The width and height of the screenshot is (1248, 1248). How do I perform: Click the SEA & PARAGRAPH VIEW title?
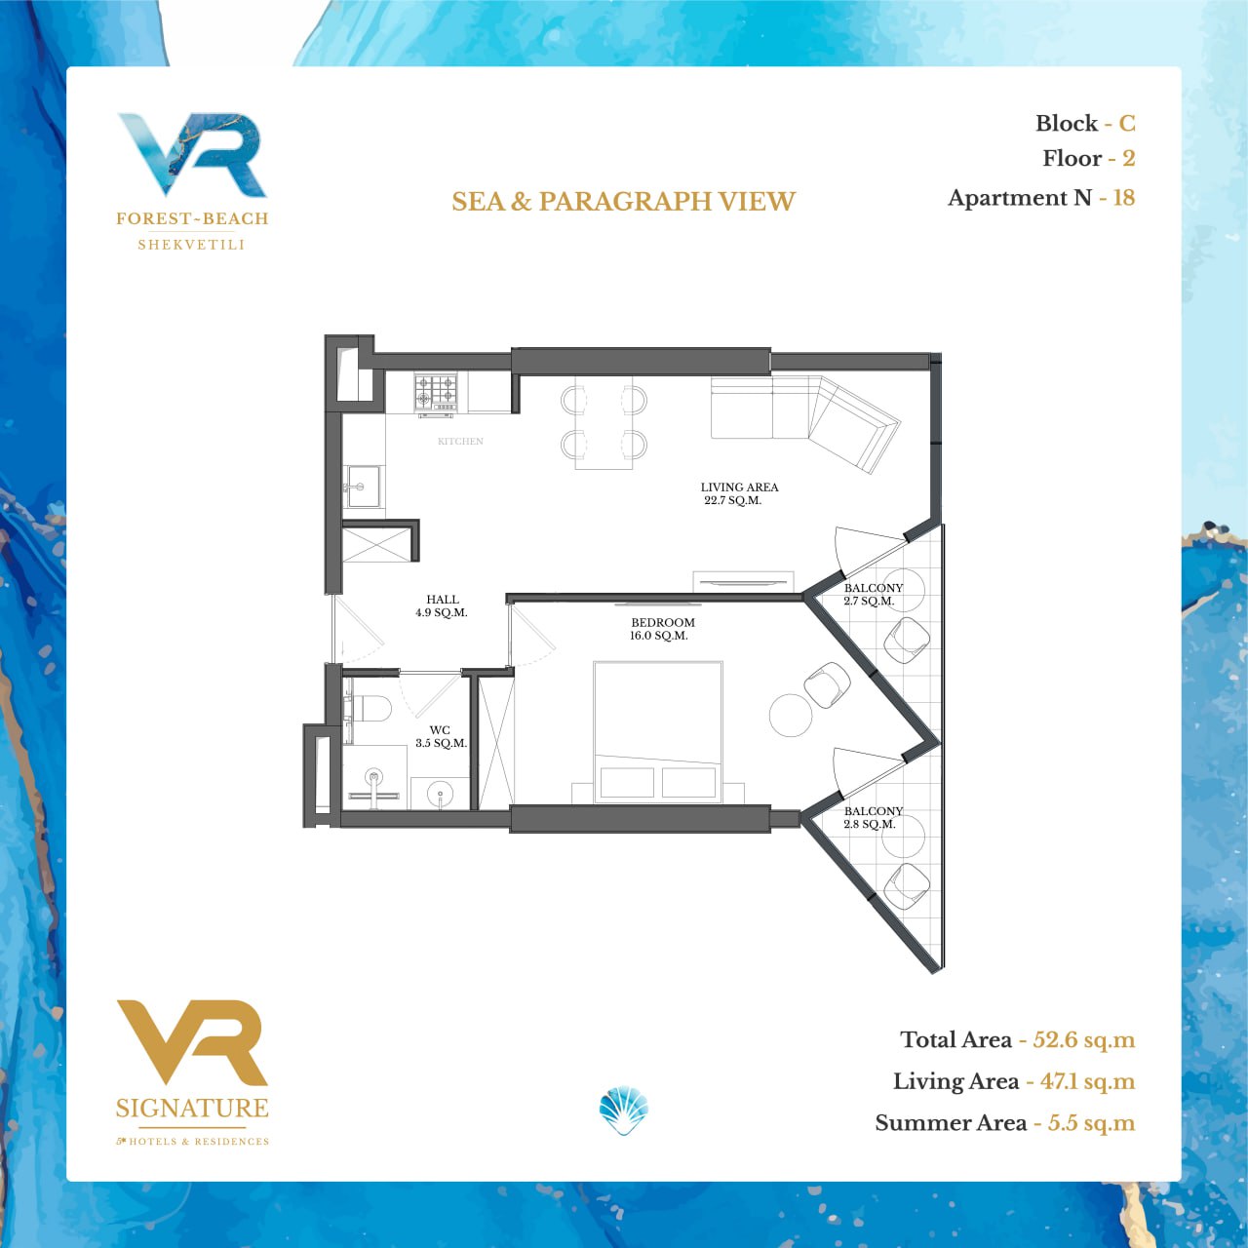(623, 202)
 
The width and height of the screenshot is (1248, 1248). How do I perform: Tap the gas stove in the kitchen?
(436, 393)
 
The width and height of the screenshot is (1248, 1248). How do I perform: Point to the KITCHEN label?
(460, 441)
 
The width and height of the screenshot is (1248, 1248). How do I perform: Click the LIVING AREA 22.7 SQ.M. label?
(739, 493)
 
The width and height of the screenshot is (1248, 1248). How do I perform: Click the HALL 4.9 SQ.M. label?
(442, 605)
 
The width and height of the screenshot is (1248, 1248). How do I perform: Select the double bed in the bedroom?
(657, 732)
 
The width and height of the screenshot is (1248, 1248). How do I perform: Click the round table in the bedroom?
(790, 715)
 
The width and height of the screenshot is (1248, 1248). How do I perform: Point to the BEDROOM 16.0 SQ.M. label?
(662, 629)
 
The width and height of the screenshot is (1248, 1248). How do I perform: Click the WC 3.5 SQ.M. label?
(441, 736)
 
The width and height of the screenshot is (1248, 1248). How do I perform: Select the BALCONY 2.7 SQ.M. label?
(873, 594)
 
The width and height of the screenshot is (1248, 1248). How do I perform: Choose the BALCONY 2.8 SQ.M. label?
(873, 817)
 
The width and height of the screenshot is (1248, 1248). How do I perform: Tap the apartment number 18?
(1123, 198)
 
